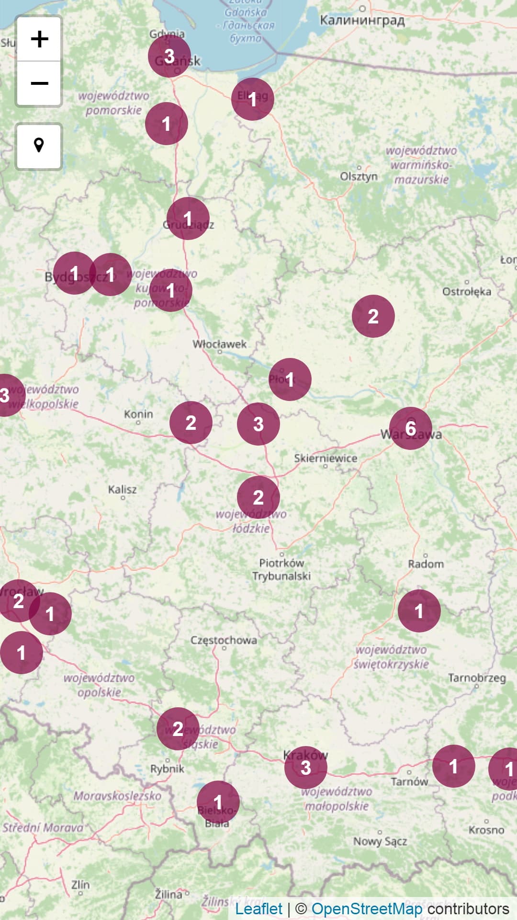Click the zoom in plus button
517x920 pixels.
39,39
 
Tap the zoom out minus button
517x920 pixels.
39,83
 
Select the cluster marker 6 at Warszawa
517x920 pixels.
410,428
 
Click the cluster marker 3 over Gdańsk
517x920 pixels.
169,56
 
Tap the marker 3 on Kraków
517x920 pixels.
305,767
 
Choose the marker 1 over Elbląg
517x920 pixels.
252,99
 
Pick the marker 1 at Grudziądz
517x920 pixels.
188,218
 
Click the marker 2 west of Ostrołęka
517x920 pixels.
373,316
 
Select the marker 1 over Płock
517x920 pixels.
290,379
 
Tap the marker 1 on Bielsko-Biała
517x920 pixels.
218,802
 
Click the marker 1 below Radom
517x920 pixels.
419,610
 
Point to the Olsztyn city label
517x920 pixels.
359,176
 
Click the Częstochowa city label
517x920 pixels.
224,640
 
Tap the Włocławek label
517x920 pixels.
219,344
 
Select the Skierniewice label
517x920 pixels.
326,458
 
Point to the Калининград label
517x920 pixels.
362,21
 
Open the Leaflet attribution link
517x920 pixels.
259,908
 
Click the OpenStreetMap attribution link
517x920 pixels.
367,908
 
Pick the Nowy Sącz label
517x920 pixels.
380,841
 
